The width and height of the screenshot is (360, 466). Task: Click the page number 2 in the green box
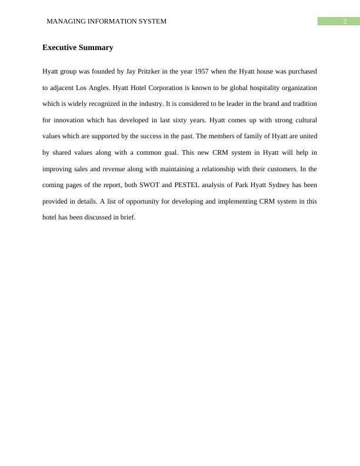pos(345,21)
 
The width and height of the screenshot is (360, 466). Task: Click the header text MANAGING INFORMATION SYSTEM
pos(106,21)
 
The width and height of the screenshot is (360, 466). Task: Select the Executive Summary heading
pos(78,48)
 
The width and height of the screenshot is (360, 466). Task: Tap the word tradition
pos(302,104)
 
